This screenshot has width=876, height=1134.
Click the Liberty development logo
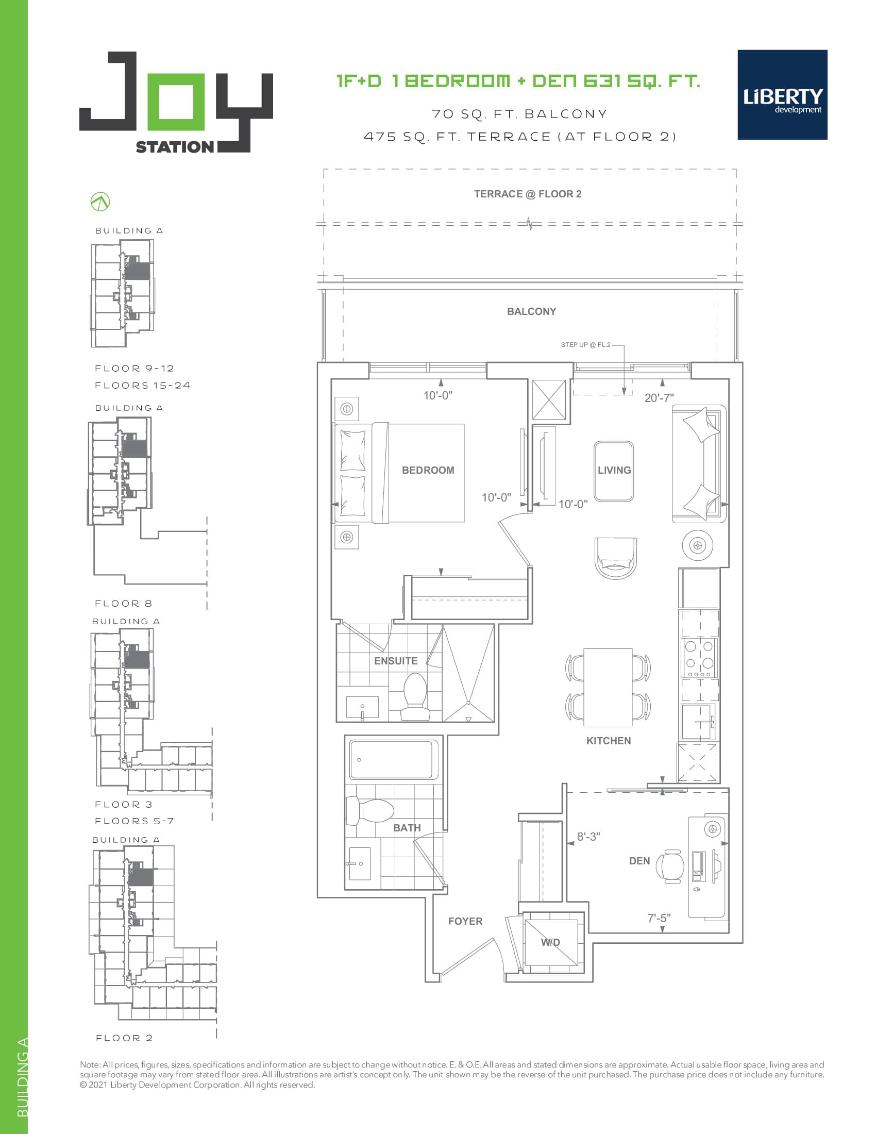tap(782, 95)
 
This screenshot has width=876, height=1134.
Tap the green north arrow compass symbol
tap(100, 202)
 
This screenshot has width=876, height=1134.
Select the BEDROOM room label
tap(428, 470)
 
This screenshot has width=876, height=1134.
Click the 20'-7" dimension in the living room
tap(659, 398)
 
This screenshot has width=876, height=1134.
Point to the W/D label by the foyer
tap(550, 942)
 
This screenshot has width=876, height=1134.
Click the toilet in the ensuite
tap(415, 697)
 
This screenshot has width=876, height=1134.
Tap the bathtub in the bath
tap(393, 760)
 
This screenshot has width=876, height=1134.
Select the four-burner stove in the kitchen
tap(699, 658)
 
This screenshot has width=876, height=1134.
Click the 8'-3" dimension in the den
tap(588, 837)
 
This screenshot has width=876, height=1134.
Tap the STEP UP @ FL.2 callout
tap(585, 345)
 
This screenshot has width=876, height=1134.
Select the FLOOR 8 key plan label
tap(124, 604)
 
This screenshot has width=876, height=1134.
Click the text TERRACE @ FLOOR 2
tap(527, 194)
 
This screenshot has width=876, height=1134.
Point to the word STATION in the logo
tap(174, 147)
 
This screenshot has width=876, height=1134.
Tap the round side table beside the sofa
tap(697, 545)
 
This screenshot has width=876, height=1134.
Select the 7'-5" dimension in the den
tap(659, 918)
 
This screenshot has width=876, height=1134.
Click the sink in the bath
tap(360, 864)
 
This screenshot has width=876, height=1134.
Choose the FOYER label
tap(465, 921)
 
